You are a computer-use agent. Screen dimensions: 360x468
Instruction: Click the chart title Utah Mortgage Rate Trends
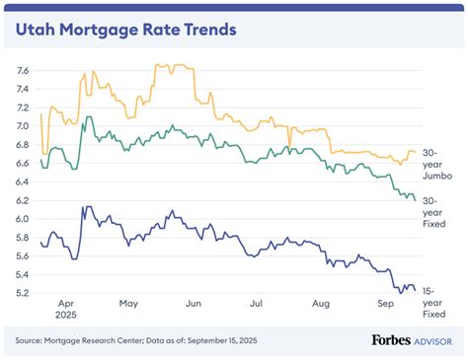point(126,30)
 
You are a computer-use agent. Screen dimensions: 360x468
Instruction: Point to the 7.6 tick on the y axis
point(24,71)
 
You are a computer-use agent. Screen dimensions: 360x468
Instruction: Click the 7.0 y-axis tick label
point(24,126)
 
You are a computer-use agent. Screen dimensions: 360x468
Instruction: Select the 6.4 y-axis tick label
point(24,182)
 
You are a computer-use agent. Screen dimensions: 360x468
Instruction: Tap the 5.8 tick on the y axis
point(24,238)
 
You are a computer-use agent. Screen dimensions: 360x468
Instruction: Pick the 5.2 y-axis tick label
point(24,294)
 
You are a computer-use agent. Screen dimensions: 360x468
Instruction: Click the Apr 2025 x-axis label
point(68,312)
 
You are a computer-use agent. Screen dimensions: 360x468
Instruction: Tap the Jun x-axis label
point(195,306)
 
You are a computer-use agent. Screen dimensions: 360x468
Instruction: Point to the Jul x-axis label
point(257,306)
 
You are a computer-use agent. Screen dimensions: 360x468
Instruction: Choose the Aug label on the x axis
point(321,306)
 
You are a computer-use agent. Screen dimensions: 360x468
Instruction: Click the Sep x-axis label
point(384,306)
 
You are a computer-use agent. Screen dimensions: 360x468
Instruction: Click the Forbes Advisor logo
point(410,340)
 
